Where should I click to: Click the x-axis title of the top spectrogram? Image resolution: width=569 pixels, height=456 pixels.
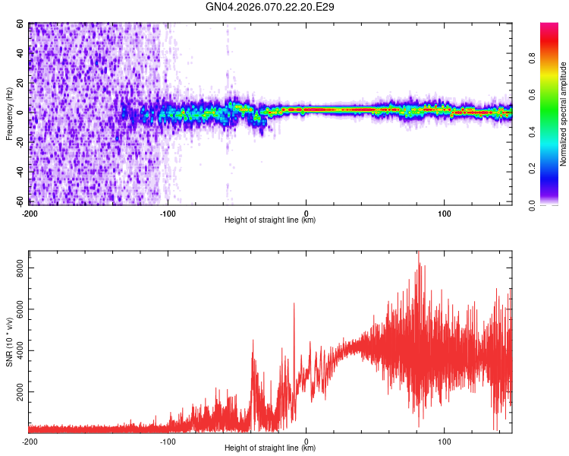(270, 220)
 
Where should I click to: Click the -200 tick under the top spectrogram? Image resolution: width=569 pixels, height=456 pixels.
(30, 212)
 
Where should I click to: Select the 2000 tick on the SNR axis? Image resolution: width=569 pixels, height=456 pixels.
(20, 392)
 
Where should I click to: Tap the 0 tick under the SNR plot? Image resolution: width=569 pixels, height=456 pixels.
(307, 441)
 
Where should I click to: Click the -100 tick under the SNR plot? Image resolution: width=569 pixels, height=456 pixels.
(168, 441)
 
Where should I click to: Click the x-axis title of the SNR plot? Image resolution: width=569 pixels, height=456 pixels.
(270, 449)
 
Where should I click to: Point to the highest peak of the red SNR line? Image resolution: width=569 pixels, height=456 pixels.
(418, 252)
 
